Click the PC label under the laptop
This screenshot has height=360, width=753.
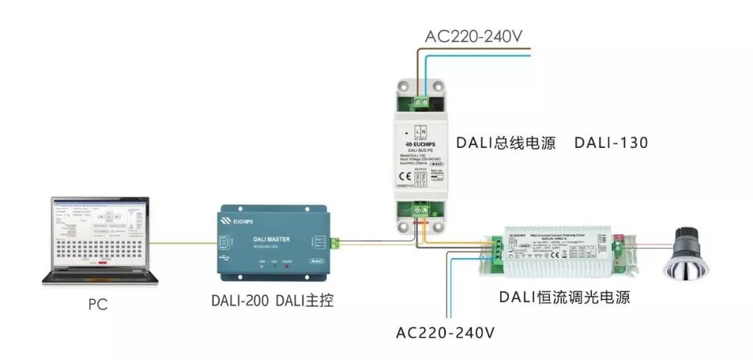tap(98, 305)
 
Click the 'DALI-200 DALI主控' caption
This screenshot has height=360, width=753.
tap(273, 301)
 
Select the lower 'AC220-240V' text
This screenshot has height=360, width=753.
tap(446, 332)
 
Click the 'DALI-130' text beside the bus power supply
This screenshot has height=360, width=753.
tap(611, 143)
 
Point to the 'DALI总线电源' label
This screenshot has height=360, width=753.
tap(505, 143)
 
